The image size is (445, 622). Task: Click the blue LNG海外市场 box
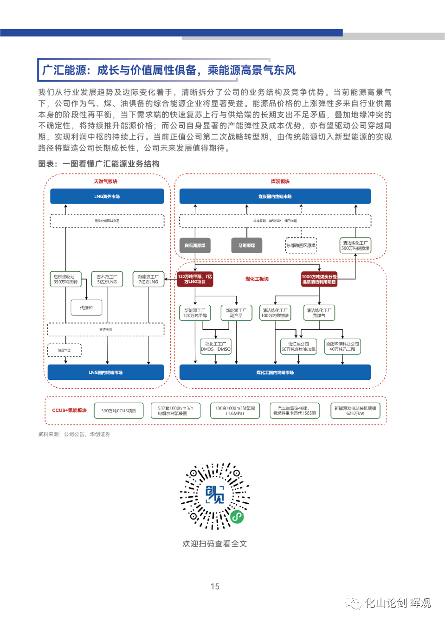(107, 196)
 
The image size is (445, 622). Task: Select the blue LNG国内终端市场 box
(106, 372)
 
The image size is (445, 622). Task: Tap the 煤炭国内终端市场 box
(275, 196)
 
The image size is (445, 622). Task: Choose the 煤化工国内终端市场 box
(275, 372)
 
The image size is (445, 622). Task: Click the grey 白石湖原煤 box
(195, 245)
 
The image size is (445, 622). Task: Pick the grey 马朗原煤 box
(246, 245)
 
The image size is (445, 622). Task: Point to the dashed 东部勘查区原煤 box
(301, 245)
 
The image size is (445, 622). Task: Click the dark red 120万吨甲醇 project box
(195, 279)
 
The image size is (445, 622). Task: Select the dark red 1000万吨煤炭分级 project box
(319, 279)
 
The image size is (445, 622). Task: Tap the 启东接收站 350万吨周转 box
(65, 279)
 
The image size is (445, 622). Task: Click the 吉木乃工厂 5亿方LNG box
(107, 279)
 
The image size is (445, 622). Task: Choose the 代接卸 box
(86, 308)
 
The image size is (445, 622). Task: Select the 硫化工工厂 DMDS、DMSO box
(215, 346)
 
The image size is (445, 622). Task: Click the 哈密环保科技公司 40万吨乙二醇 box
(342, 346)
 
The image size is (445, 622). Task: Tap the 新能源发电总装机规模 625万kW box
(355, 410)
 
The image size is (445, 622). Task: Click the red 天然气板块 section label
(106, 181)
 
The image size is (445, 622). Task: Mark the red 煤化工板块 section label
(257, 279)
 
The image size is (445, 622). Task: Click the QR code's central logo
(215, 494)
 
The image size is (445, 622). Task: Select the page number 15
(215, 586)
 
